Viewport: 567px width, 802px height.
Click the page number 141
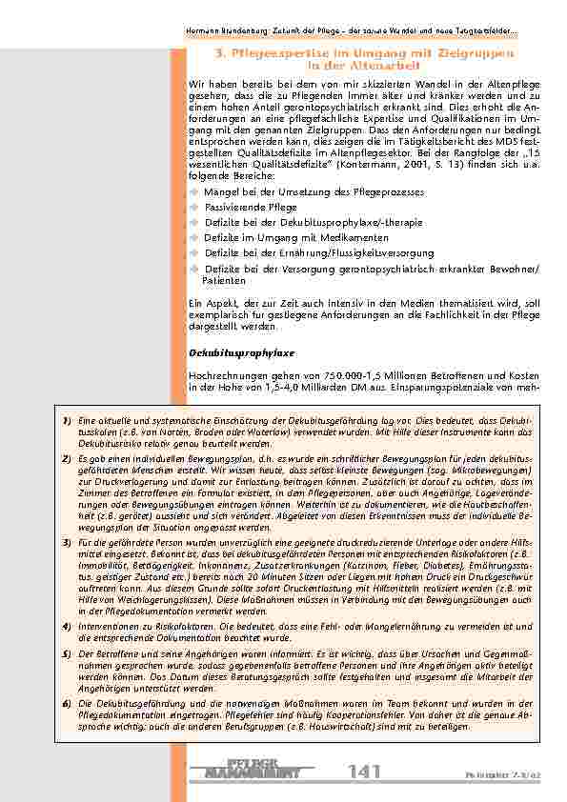[x=365, y=772]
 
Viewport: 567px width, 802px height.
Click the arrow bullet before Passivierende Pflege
[x=193, y=206]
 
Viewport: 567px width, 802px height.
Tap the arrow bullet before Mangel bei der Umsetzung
[x=193, y=190]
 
